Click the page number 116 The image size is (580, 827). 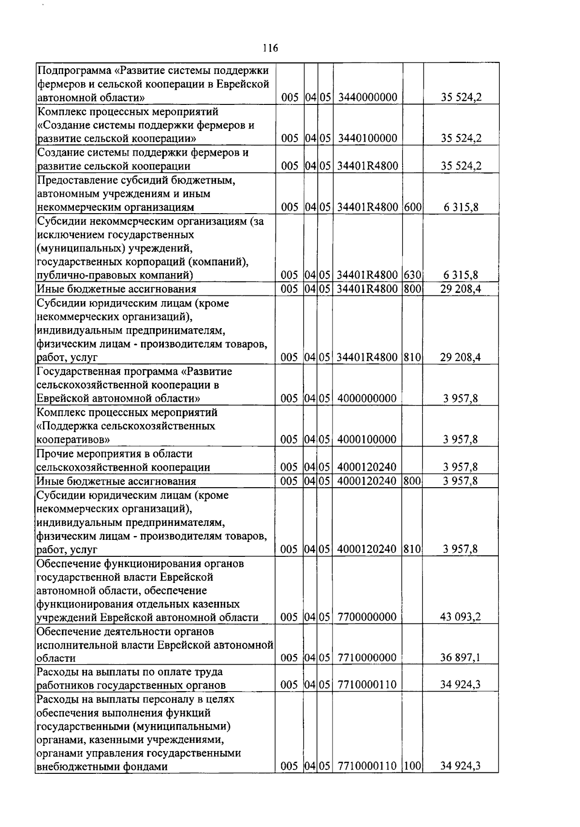tap(270, 48)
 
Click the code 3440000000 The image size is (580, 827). tap(367, 98)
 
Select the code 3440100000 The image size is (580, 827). tap(367, 139)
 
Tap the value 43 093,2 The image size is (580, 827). tap(460, 617)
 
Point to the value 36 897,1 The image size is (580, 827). tap(460, 658)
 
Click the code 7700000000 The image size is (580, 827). tap(367, 617)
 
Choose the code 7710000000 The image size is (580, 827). tap(367, 658)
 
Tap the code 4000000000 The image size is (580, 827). tap(367, 399)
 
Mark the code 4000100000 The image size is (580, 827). tap(367, 440)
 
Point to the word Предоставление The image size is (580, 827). tap(75, 180)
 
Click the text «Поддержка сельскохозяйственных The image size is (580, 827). tap(126, 426)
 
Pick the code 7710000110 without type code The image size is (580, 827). tap(367, 685)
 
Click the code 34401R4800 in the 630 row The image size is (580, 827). tap(367, 276)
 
